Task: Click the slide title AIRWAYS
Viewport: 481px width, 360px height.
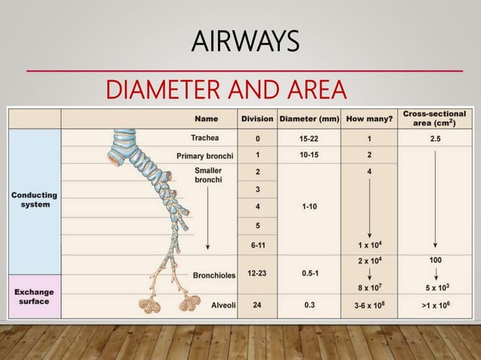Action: (240, 41)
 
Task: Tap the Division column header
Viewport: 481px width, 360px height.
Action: (258, 118)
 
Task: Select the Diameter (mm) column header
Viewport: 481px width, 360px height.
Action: (308, 118)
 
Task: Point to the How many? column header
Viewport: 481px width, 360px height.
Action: (369, 118)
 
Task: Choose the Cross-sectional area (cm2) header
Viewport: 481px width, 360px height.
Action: (434, 117)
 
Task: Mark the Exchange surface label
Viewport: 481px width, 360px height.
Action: (33, 296)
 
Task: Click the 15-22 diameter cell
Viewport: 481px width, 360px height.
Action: (308, 139)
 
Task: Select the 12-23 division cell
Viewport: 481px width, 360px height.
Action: (258, 274)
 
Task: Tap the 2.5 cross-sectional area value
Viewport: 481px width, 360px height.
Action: (434, 139)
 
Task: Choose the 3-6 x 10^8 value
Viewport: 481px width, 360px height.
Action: (369, 305)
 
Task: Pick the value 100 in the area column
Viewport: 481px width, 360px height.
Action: (434, 260)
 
